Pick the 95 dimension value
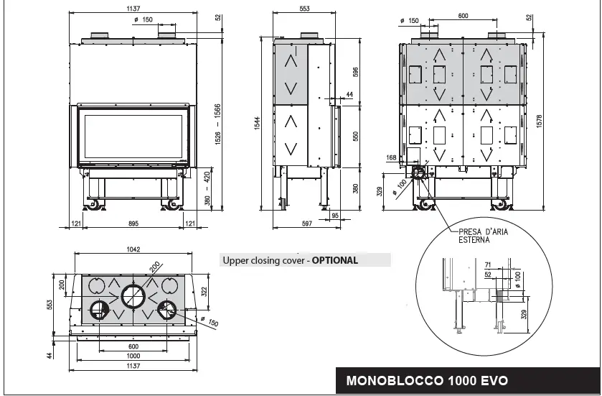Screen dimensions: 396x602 tap(334, 215)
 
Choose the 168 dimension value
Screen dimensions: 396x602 tap(391, 157)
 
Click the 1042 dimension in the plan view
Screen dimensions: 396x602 tap(132, 250)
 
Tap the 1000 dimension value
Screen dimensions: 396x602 tap(133, 356)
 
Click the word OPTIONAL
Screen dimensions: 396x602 tap(334, 261)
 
